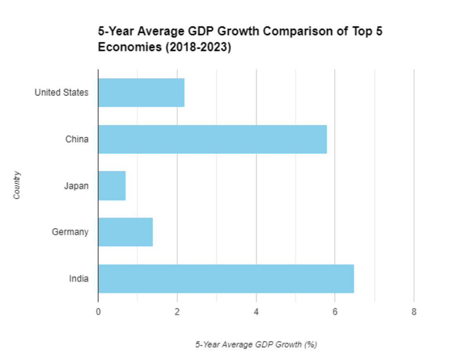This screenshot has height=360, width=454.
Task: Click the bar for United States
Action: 141,93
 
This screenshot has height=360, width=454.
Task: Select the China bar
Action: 212,139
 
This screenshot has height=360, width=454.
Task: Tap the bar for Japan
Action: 112,186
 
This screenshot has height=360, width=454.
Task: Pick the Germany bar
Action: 125,232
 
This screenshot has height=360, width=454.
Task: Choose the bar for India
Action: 226,279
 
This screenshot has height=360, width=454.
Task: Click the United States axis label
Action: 62,93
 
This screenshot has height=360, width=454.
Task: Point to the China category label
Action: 77,139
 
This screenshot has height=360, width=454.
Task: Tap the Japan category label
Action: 76,186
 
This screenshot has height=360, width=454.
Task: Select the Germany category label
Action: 70,232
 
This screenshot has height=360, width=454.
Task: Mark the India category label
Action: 79,279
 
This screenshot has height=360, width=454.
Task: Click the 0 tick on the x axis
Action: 98,312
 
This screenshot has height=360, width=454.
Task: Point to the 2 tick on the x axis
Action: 177,312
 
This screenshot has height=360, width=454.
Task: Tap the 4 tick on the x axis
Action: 256,312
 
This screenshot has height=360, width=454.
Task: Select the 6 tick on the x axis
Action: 335,312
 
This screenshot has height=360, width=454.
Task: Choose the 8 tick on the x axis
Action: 414,312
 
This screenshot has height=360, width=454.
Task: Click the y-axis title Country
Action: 17,185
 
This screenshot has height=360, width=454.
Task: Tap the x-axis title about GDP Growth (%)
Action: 256,344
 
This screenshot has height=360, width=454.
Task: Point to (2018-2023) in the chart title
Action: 198,47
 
